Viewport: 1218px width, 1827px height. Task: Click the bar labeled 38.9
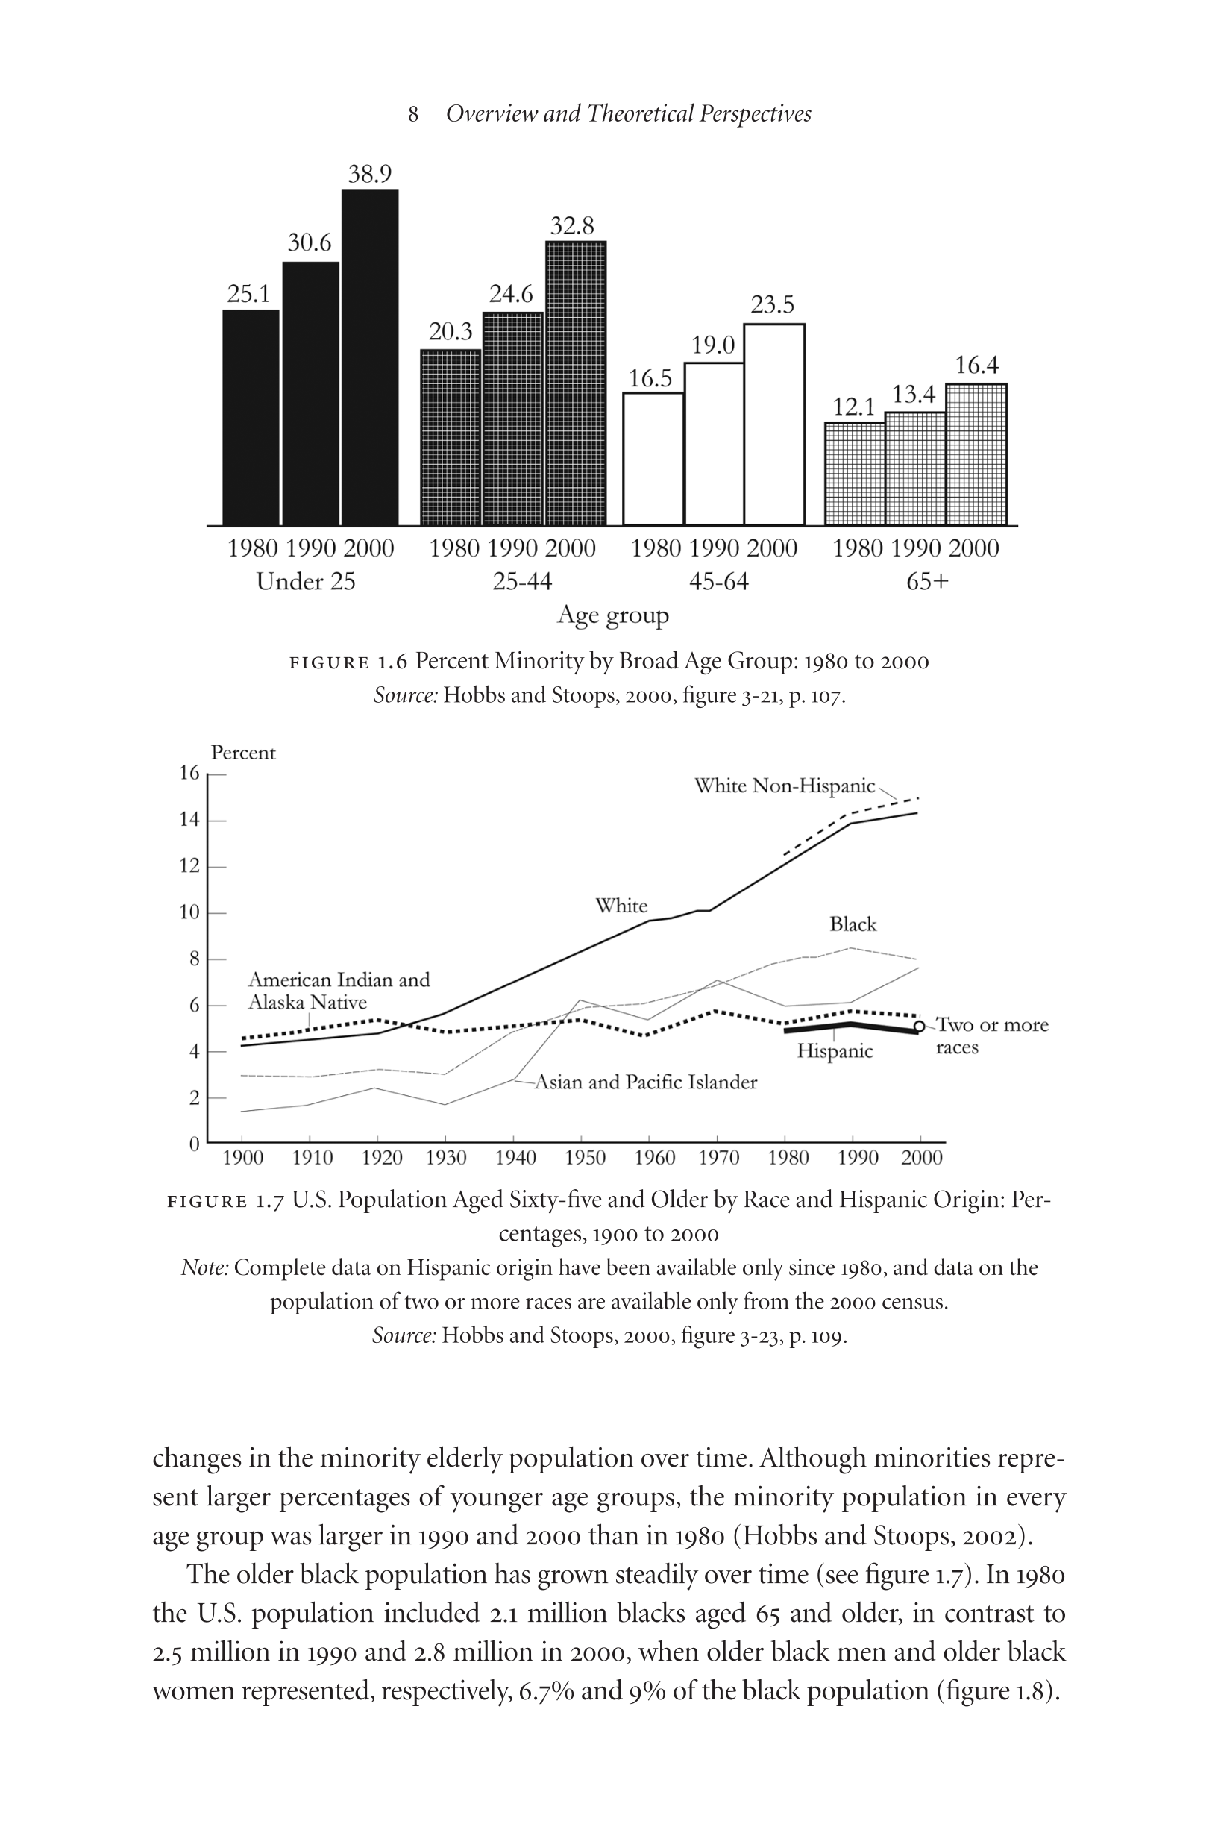coord(370,357)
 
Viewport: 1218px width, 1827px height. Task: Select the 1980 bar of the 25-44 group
coord(451,437)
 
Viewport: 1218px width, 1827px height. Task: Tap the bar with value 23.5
coord(773,424)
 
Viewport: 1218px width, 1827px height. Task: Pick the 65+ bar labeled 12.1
coord(855,474)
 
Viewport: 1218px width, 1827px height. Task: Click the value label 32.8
coord(572,226)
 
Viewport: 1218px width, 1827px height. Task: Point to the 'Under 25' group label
coord(305,581)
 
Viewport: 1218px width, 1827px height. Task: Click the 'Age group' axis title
coord(613,615)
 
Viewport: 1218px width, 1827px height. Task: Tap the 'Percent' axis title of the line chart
coord(243,753)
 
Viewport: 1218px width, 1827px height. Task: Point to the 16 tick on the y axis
coord(189,773)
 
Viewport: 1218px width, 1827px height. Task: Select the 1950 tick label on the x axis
coord(585,1158)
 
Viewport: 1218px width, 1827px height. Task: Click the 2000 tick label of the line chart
coord(922,1158)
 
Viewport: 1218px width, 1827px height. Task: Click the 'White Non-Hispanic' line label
coord(785,786)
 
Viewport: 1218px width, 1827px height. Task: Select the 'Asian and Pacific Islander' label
coord(646,1082)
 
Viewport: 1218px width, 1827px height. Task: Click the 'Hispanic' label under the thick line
coord(835,1052)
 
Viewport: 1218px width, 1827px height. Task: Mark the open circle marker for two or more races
coord(919,1026)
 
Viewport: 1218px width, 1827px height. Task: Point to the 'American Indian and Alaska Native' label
coord(339,991)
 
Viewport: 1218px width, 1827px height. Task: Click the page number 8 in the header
coord(413,115)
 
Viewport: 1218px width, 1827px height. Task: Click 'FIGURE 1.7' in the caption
coord(225,1202)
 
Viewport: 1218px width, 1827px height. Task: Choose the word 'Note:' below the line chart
coord(205,1267)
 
